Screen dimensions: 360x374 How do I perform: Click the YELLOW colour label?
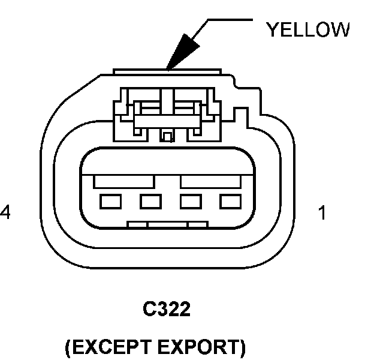point(307,29)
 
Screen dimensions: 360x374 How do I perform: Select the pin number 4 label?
point(5,212)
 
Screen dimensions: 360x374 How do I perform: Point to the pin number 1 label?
point(322,212)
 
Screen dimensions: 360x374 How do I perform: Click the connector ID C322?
point(166,310)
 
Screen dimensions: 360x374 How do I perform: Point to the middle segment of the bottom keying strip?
point(168,225)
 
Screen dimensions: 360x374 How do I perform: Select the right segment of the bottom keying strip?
point(198,225)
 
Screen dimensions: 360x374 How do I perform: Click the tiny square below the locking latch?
point(168,137)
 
